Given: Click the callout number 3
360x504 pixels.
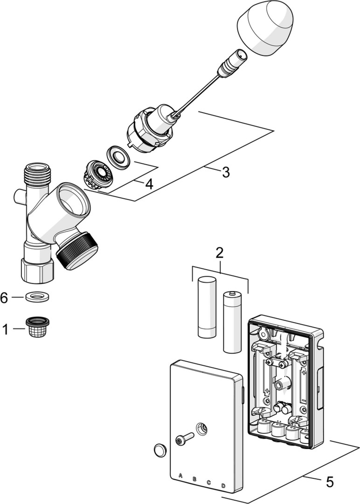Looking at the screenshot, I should click(x=226, y=172).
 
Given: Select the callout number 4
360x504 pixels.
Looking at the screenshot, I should click(x=149, y=184).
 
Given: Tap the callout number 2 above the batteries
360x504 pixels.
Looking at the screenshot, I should click(x=219, y=253).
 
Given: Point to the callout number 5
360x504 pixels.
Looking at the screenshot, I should click(x=330, y=482).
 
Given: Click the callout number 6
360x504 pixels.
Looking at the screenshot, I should click(x=4, y=298).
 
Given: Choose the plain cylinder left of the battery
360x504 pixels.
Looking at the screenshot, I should click(x=206, y=307).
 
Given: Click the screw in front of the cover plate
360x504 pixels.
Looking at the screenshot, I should click(x=184, y=439).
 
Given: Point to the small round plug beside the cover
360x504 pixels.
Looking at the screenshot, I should click(x=160, y=450).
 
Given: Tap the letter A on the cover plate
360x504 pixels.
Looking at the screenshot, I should click(x=181, y=476).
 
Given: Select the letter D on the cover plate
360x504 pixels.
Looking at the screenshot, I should click(x=223, y=486).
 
